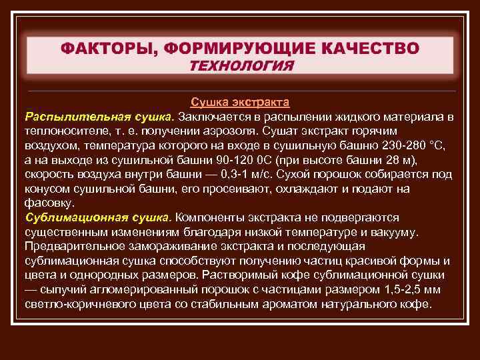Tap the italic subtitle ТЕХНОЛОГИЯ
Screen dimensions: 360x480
pos(241,65)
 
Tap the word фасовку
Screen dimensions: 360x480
pos(49,203)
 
